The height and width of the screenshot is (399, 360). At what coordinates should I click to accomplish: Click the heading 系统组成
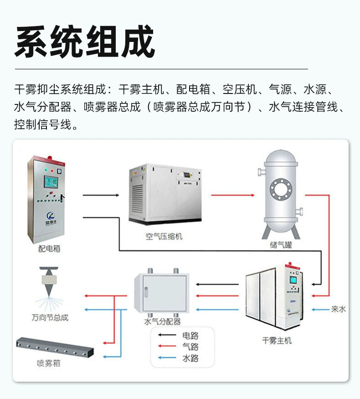[85, 42]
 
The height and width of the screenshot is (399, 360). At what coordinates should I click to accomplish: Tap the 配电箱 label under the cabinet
[49, 249]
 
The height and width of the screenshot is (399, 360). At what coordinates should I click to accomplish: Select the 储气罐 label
[281, 245]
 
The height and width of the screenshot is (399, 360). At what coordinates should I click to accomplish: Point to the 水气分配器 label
[163, 321]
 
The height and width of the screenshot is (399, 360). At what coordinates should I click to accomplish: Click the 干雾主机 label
[277, 340]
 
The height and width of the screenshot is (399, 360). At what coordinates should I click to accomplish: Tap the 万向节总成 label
[50, 317]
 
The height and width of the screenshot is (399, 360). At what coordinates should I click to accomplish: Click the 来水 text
[338, 309]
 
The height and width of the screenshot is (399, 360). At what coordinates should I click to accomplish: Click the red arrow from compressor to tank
[232, 195]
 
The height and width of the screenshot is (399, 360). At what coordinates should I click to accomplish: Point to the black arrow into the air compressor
[101, 195]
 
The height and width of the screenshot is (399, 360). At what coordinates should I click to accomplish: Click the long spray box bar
[54, 348]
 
